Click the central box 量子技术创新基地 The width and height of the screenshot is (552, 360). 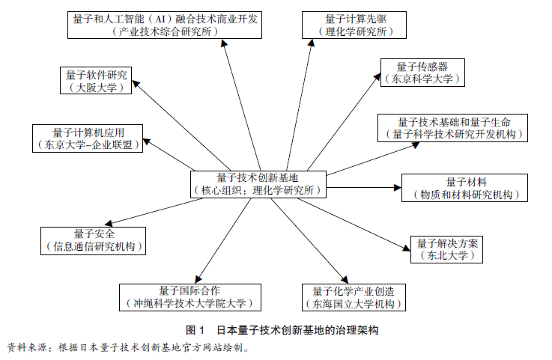pyautogui.click(x=258, y=184)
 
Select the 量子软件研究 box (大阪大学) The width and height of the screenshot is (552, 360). pyautogui.click(x=97, y=80)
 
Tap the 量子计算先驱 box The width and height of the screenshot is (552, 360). pyautogui.click(x=355, y=25)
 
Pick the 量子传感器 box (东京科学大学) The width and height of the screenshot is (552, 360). pyautogui.click(x=422, y=72)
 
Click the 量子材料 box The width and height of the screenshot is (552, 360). pyautogui.click(x=465, y=188)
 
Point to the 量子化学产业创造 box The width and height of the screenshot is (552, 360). pyautogui.click(x=353, y=297)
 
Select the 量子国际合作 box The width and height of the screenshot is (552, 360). pyautogui.click(x=191, y=297)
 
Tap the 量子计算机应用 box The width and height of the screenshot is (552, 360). pyautogui.click(x=88, y=138)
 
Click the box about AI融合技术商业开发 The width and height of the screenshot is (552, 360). pyautogui.click(x=166, y=25)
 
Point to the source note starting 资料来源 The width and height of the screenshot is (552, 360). pyautogui.click(x=127, y=347)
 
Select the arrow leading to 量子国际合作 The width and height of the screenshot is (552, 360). pyautogui.click(x=222, y=240)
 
